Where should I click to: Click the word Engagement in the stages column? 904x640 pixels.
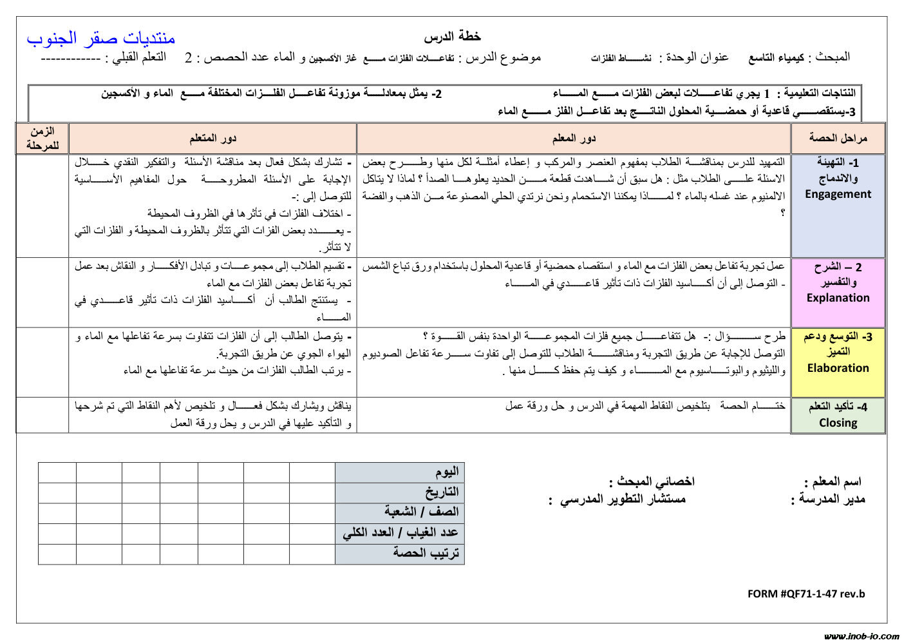point(838,194)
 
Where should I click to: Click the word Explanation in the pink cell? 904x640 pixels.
point(838,298)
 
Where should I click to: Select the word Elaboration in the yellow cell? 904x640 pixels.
point(838,368)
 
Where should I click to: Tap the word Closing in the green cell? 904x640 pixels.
point(838,423)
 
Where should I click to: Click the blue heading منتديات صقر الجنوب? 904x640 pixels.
point(101,37)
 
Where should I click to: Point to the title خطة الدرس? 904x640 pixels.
point(453,36)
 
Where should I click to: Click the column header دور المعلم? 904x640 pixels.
point(574,138)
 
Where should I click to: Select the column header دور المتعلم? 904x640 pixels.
point(212,138)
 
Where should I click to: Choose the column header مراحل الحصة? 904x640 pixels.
point(838,138)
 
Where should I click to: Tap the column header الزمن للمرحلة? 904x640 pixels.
point(42,138)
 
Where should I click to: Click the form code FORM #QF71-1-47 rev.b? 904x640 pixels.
point(806,594)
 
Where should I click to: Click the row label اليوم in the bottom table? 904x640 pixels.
point(447,472)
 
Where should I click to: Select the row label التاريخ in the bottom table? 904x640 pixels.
point(442,492)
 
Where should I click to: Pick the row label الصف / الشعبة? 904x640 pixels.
point(422,512)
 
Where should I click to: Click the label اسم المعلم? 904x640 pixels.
point(833,481)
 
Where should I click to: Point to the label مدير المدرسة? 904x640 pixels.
point(829,499)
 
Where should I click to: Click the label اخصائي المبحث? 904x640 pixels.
point(652,481)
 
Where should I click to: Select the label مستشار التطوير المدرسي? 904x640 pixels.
point(618,499)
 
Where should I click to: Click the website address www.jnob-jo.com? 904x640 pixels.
point(862,635)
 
